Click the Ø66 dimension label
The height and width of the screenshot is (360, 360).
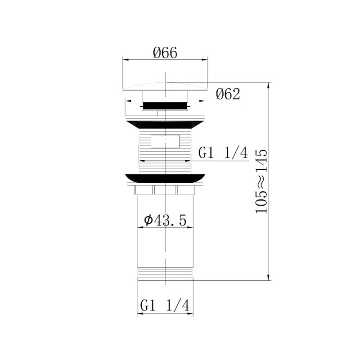click(x=165, y=53)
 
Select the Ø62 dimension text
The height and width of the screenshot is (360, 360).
click(x=228, y=94)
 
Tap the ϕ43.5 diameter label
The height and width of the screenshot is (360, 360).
click(x=165, y=220)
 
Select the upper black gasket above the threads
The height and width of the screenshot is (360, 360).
click(x=165, y=124)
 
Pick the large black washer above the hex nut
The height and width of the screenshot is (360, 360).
click(x=165, y=178)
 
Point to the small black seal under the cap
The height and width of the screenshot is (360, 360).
click(x=165, y=107)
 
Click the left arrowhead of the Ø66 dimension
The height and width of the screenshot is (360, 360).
click(x=126, y=59)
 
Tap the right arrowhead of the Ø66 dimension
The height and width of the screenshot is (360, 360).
click(x=205, y=59)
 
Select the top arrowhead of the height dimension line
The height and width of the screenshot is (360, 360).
click(x=269, y=85)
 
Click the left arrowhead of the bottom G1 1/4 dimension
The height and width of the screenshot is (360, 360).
click(x=139, y=314)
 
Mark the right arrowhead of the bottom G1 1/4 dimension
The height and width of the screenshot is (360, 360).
click(x=191, y=314)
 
